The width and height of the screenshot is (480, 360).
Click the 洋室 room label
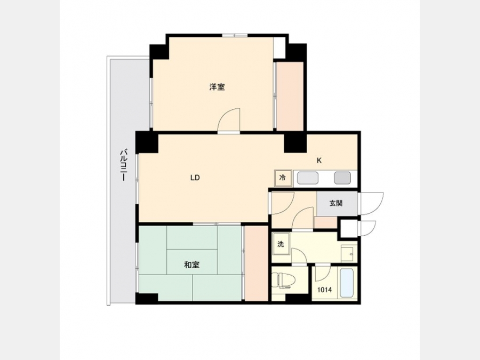pyautogui.click(x=217, y=87)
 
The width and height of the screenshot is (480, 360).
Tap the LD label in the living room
pyautogui.click(x=195, y=178)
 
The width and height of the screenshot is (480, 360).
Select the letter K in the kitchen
pyautogui.click(x=319, y=161)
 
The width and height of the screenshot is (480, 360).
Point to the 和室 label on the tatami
pyautogui.click(x=192, y=265)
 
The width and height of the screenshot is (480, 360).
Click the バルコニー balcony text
pyautogui.click(x=123, y=165)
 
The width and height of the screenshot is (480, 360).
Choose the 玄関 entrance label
pyautogui.click(x=336, y=203)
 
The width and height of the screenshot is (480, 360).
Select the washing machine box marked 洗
pyautogui.click(x=281, y=244)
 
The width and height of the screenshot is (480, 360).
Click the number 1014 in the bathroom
pyautogui.click(x=324, y=290)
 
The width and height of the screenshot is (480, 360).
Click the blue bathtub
pyautogui.click(x=347, y=283)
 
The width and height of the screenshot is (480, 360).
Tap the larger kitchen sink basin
pyautogui.click(x=308, y=178)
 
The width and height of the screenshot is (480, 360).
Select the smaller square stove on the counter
pyautogui.click(x=342, y=178)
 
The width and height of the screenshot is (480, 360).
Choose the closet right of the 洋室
pyautogui.click(x=290, y=96)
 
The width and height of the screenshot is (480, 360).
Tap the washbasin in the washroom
pyautogui.click(x=349, y=252)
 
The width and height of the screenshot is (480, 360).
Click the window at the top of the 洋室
pyautogui.click(x=235, y=35)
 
